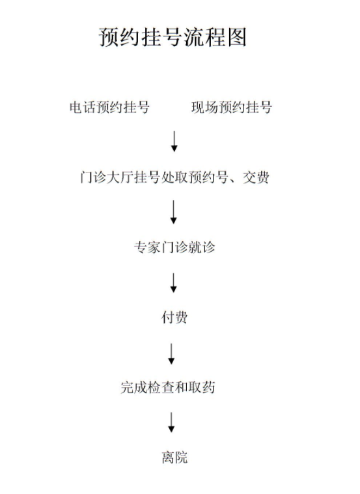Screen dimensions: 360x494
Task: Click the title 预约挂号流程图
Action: point(173,37)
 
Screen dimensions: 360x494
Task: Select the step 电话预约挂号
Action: point(109,107)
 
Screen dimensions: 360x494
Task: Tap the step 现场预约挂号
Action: point(231,107)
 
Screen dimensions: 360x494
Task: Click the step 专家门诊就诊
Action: point(174,247)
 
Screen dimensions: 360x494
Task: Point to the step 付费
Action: point(174,317)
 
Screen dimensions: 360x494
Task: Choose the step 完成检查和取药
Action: point(168,387)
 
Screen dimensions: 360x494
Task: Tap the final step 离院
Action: point(174,457)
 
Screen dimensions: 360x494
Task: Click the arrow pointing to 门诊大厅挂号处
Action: point(174,141)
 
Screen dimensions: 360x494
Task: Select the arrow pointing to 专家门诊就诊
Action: point(173,212)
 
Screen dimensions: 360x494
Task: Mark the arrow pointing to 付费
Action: point(173,283)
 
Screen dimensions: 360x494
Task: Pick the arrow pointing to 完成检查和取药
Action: point(171,354)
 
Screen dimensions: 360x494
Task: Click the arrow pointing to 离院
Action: point(171,422)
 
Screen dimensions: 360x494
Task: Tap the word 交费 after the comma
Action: point(256,178)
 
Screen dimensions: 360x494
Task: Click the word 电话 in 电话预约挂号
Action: point(83,107)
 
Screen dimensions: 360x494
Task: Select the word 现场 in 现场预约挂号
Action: point(204,107)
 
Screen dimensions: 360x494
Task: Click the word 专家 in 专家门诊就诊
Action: point(147,247)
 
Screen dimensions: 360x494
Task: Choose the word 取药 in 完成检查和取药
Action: point(202,387)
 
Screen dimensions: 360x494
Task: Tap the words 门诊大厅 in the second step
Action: point(107,178)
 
